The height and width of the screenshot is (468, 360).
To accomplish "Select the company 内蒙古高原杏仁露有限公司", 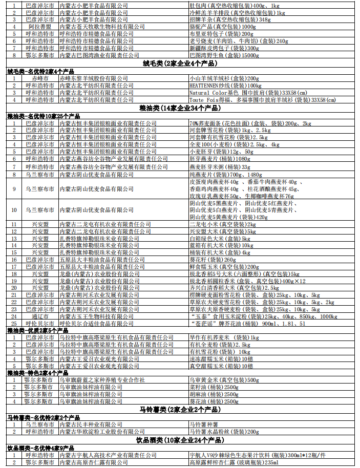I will coord(97,462).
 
